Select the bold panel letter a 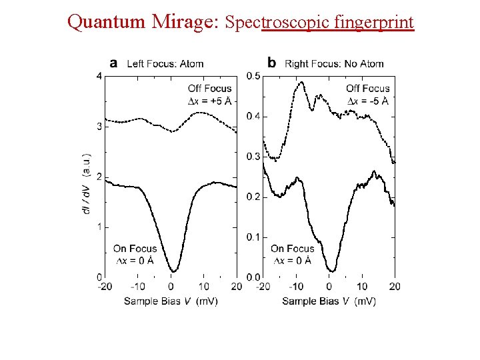click(113, 63)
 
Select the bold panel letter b click(271, 63)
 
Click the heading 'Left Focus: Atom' click(165, 64)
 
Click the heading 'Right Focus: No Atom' click(334, 64)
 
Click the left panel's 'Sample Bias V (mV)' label click(171, 301)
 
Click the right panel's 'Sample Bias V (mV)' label click(329, 301)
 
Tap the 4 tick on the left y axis click(99, 76)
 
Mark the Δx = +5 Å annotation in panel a click(210, 101)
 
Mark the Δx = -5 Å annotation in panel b click(367, 101)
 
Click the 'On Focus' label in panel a click(135, 249)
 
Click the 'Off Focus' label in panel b click(367, 89)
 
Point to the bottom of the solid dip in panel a click(172, 271)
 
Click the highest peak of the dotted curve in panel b click(301, 83)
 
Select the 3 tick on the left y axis click(99, 126)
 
